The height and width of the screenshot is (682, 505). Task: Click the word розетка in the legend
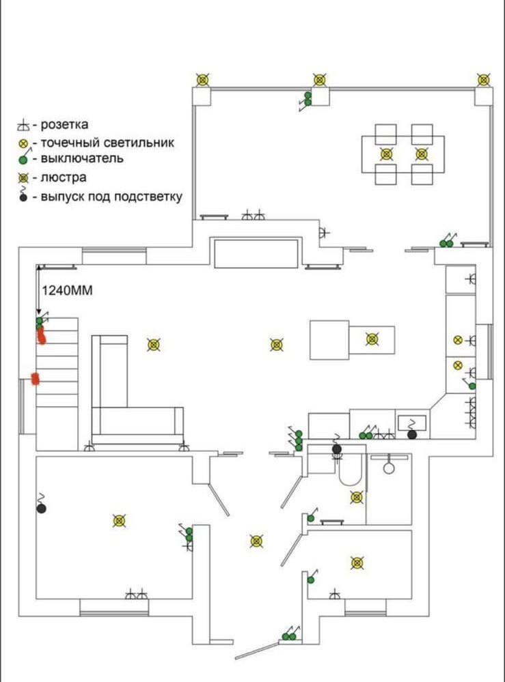(x=65, y=125)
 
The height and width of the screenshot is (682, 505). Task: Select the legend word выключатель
(x=82, y=159)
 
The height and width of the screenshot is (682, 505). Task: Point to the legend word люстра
(x=64, y=178)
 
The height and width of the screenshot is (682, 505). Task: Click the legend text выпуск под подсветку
(x=111, y=197)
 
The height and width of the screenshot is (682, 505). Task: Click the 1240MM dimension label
(x=67, y=289)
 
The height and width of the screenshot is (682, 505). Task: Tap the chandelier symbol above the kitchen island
(x=372, y=339)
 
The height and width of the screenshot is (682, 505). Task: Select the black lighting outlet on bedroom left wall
(x=41, y=509)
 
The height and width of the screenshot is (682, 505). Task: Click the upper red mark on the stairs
(x=41, y=335)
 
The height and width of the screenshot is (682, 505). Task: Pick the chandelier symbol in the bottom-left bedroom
(x=120, y=521)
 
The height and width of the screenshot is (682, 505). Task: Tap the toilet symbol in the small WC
(x=389, y=468)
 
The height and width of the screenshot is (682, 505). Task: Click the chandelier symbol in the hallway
(x=256, y=541)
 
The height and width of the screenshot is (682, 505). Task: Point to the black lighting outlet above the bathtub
(x=336, y=449)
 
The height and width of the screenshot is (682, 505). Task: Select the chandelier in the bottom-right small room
(x=357, y=563)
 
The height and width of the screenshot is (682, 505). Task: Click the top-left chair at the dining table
(x=386, y=134)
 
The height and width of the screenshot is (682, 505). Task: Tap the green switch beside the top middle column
(x=308, y=99)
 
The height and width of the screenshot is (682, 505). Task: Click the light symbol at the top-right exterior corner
(x=484, y=80)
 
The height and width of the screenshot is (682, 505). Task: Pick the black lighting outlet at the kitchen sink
(x=411, y=434)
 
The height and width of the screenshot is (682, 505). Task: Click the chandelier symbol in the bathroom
(x=357, y=497)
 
